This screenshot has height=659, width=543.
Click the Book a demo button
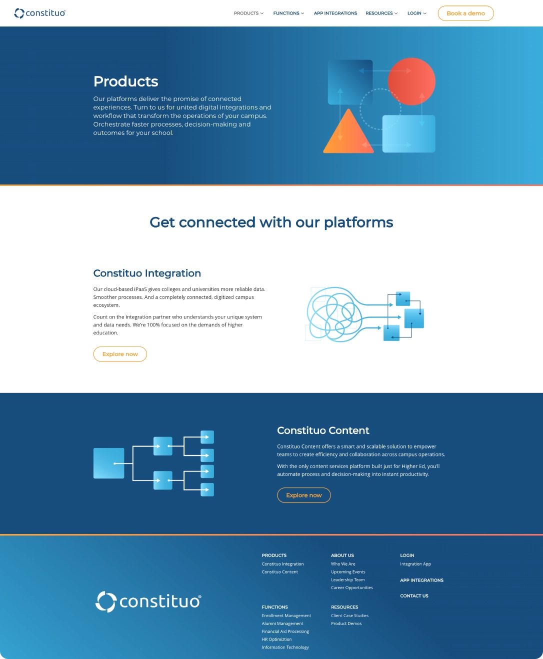click(x=465, y=13)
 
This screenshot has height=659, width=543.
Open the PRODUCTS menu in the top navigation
click(x=248, y=13)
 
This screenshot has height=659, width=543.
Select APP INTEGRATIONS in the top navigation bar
click(x=335, y=13)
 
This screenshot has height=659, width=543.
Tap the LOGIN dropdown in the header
click(x=416, y=13)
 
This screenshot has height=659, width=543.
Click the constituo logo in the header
click(x=40, y=13)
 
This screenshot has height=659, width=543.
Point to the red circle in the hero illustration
click(x=411, y=81)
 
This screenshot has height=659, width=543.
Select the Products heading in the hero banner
click(x=125, y=81)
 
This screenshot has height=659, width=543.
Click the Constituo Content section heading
click(x=323, y=430)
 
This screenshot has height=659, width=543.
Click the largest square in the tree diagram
click(x=108, y=463)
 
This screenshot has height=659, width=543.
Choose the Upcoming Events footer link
click(x=348, y=572)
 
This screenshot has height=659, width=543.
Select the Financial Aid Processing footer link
click(x=285, y=631)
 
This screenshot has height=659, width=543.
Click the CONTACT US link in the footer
click(x=414, y=596)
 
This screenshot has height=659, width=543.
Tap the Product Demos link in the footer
click(x=346, y=623)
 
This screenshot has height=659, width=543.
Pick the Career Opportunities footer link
click(x=352, y=587)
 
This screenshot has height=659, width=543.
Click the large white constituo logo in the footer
click(x=148, y=601)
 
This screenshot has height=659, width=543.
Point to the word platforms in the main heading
click(x=358, y=223)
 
